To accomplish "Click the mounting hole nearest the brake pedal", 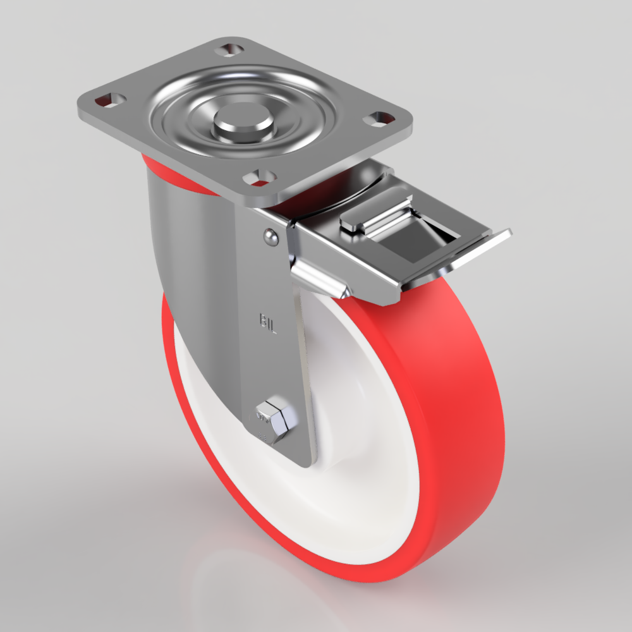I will (x=381, y=118).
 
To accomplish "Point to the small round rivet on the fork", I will (x=270, y=237).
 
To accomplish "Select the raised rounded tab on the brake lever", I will (x=373, y=217).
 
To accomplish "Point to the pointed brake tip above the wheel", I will (x=341, y=292).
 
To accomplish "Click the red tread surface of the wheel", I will (x=442, y=392).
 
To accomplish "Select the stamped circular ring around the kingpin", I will (x=190, y=126).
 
